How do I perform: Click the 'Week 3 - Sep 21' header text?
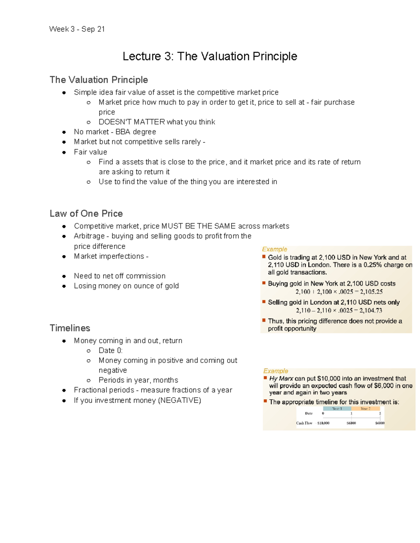(77, 29)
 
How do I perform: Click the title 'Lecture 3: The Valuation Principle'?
(210, 56)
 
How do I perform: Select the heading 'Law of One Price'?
(86, 213)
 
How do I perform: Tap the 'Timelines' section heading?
(70, 328)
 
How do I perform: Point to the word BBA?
(123, 132)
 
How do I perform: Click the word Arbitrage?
(89, 236)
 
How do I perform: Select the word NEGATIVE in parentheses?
(179, 400)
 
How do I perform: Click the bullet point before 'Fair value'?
(64, 152)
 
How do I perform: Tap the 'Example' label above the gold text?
(274, 249)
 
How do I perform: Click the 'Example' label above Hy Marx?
(275, 371)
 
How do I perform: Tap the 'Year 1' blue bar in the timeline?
(337, 408)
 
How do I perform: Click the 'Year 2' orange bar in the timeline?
(365, 408)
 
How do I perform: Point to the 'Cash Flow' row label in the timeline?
(304, 423)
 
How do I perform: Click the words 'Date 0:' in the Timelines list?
(110, 350)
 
